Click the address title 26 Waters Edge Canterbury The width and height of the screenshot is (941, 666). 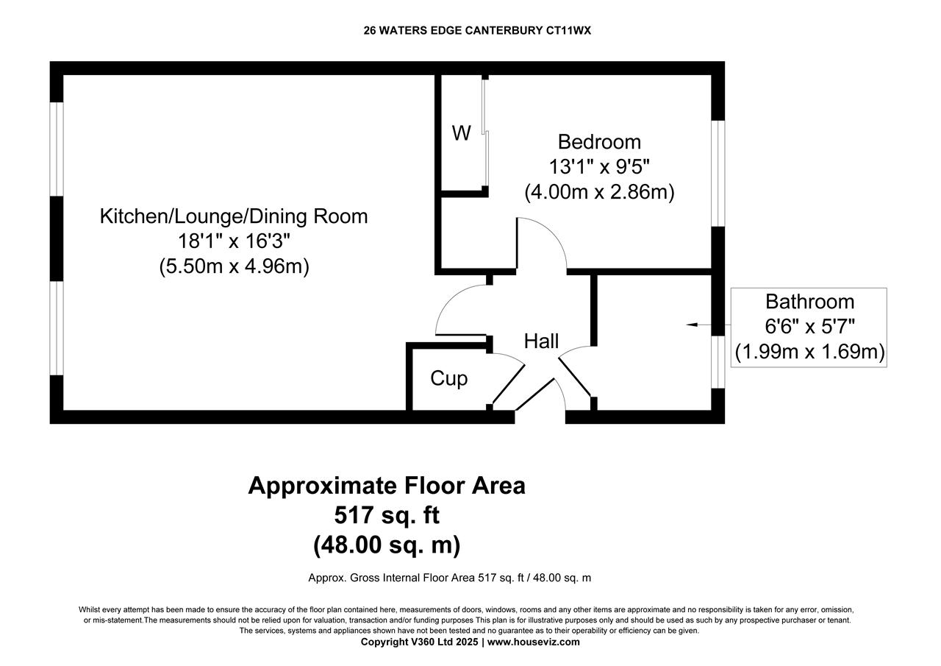pyautogui.click(x=477, y=30)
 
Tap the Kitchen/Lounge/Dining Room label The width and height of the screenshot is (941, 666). pyautogui.click(x=234, y=216)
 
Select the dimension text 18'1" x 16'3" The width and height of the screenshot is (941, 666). pyautogui.click(x=234, y=241)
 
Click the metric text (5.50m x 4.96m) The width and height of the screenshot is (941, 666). pyautogui.click(x=234, y=266)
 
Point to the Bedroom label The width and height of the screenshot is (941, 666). pyautogui.click(x=599, y=141)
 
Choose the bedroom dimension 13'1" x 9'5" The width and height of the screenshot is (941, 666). pyautogui.click(x=599, y=166)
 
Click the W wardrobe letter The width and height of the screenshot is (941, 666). pyautogui.click(x=461, y=133)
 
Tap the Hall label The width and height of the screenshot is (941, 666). pyautogui.click(x=541, y=341)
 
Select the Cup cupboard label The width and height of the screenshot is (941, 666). pyautogui.click(x=448, y=378)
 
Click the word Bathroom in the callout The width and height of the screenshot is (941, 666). pyautogui.click(x=809, y=302)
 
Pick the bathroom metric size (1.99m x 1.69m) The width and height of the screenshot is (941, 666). pyautogui.click(x=809, y=352)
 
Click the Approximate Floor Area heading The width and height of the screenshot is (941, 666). pyautogui.click(x=387, y=486)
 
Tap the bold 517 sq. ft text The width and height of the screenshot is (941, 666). pyautogui.click(x=387, y=514)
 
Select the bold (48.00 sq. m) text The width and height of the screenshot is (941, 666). pyautogui.click(x=387, y=545)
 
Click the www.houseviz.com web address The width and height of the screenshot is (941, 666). pyautogui.click(x=533, y=642)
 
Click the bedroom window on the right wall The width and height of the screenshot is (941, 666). pyautogui.click(x=718, y=173)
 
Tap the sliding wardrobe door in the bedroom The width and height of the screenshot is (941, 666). pyautogui.click(x=484, y=132)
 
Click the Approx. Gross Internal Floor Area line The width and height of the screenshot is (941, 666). pyautogui.click(x=449, y=578)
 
